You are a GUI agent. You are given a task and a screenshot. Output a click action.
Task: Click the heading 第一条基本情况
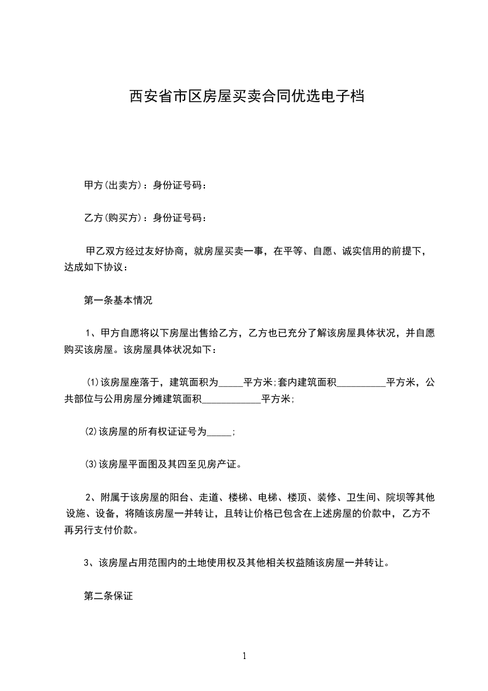tap(118, 301)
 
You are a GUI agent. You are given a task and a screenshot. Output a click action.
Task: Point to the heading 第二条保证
tap(108, 596)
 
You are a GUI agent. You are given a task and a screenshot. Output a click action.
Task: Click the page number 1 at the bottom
tap(244, 656)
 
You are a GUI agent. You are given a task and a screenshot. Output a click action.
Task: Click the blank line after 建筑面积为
tap(231, 383)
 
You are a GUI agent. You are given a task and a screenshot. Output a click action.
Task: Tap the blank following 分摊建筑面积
tap(231, 399)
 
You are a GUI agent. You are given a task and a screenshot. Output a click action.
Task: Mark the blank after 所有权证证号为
tap(220, 432)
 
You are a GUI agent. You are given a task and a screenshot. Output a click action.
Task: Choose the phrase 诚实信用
tap(358, 251)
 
